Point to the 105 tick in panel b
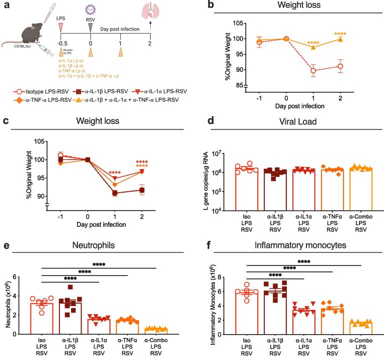(238, 23)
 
